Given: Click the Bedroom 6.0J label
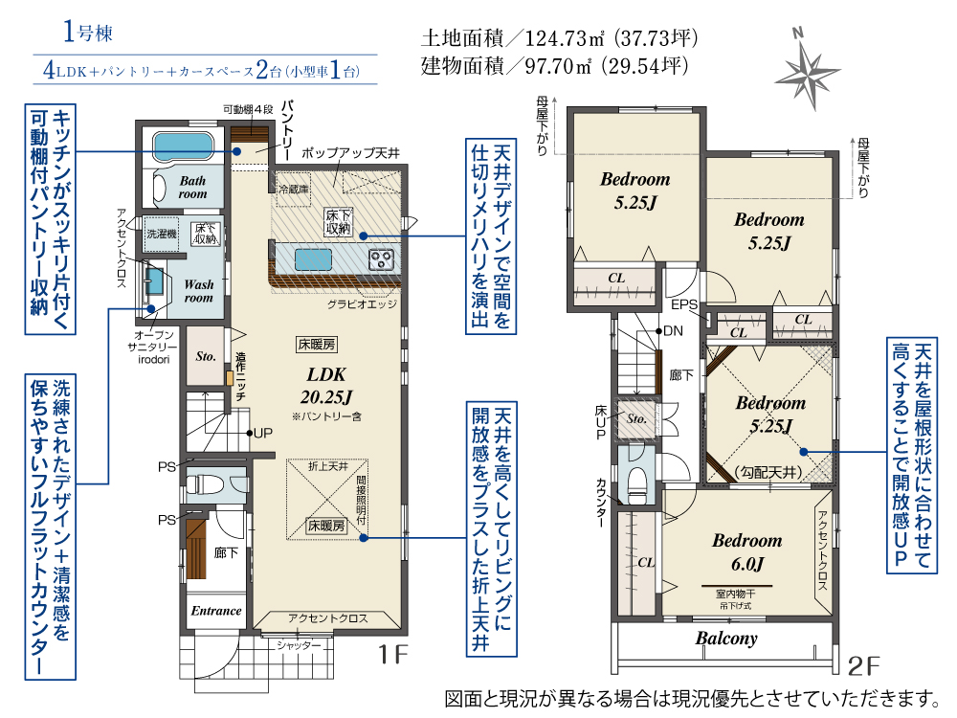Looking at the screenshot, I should tap(746, 550).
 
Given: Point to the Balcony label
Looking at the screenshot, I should tap(725, 639).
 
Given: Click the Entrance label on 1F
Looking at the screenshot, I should tap(215, 611).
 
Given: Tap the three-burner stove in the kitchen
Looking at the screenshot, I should tap(380, 258).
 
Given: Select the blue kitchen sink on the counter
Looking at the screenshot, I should tap(314, 259).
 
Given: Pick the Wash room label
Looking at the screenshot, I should tap(198, 290).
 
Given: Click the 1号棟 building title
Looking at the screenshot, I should tap(89, 34).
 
